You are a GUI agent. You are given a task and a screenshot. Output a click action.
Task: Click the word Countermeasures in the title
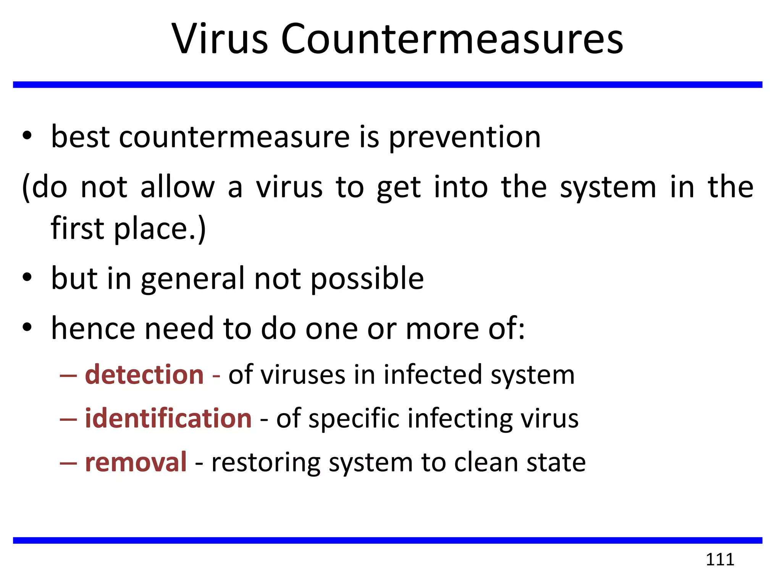click(452, 39)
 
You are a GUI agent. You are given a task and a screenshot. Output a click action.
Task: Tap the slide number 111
click(720, 559)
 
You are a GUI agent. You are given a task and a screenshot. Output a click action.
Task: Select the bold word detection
click(144, 375)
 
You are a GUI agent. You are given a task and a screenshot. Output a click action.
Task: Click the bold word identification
click(168, 419)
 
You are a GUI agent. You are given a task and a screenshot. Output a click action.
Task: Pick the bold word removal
click(136, 462)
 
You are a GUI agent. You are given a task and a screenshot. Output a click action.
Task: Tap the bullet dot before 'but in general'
click(27, 278)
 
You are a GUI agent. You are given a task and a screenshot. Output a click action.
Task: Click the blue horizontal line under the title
click(388, 85)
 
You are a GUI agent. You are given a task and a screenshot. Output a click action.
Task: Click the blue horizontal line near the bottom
click(388, 540)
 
